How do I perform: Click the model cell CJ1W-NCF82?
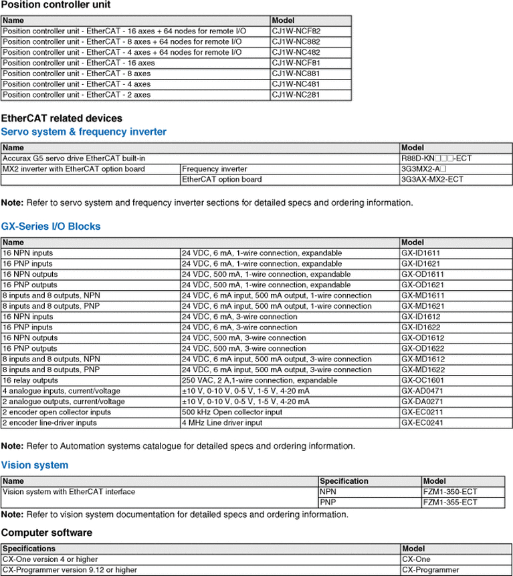point(296,31)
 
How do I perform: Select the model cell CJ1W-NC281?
point(296,95)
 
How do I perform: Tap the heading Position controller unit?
point(56,5)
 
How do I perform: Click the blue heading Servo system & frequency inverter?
point(84,132)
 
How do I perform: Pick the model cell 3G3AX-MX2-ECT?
point(432,180)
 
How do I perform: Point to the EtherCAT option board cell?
point(222,180)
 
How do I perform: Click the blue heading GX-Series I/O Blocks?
point(51,227)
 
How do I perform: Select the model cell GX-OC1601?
point(423,380)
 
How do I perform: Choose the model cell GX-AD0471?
point(423,391)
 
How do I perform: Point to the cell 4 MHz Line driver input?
point(222,423)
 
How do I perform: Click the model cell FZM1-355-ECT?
point(450,502)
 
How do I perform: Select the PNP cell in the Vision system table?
point(328,502)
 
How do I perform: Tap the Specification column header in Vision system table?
point(344,481)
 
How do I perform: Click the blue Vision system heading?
point(35,465)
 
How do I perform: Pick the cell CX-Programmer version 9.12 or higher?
point(70,570)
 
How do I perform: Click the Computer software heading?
point(47,533)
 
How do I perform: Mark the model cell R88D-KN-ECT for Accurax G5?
point(432,158)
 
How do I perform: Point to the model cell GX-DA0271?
point(423,402)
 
